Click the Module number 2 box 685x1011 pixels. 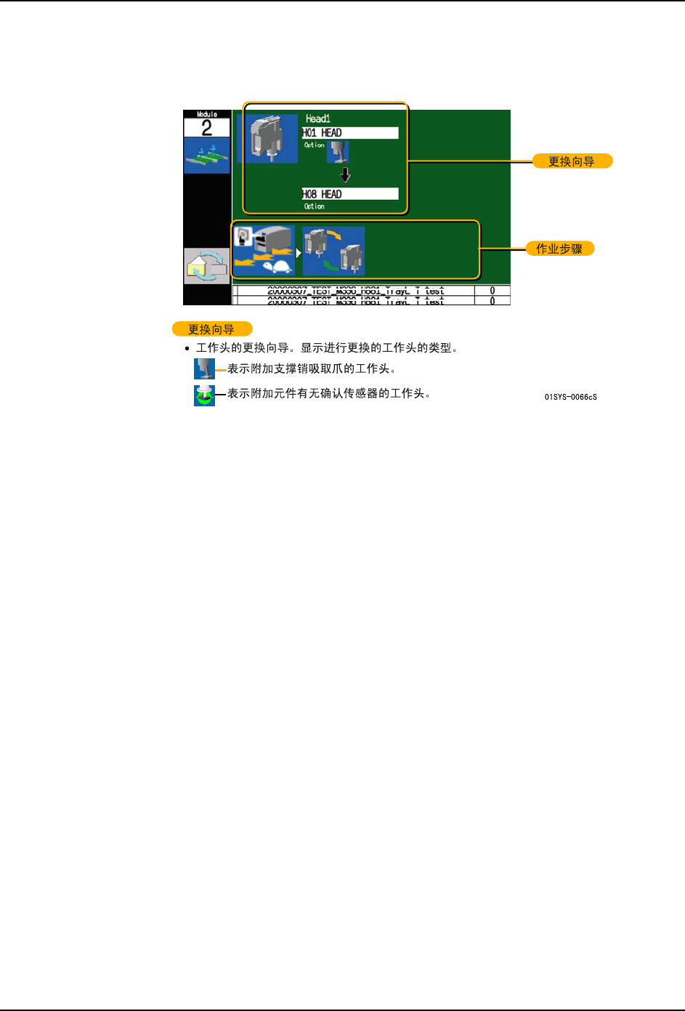[206, 128]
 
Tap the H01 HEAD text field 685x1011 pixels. [350, 133]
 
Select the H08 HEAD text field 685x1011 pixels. [350, 194]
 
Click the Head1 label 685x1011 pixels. [317, 118]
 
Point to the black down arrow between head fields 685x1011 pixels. [346, 175]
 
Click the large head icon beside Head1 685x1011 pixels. [266, 138]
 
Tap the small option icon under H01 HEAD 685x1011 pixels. [339, 152]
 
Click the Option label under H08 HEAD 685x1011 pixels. [315, 206]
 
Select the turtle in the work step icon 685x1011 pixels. [276, 266]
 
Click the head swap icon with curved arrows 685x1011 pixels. [333, 251]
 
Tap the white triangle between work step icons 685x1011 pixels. [299, 253]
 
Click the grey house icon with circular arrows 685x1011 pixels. [206, 265]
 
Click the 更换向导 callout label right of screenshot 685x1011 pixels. [572, 161]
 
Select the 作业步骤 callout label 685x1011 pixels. [559, 249]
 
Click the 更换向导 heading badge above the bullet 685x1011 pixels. [211, 329]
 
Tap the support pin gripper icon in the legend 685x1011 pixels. [204, 369]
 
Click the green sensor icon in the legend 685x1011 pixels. [204, 395]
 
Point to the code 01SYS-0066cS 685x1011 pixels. [571, 397]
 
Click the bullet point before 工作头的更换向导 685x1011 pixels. [187, 349]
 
